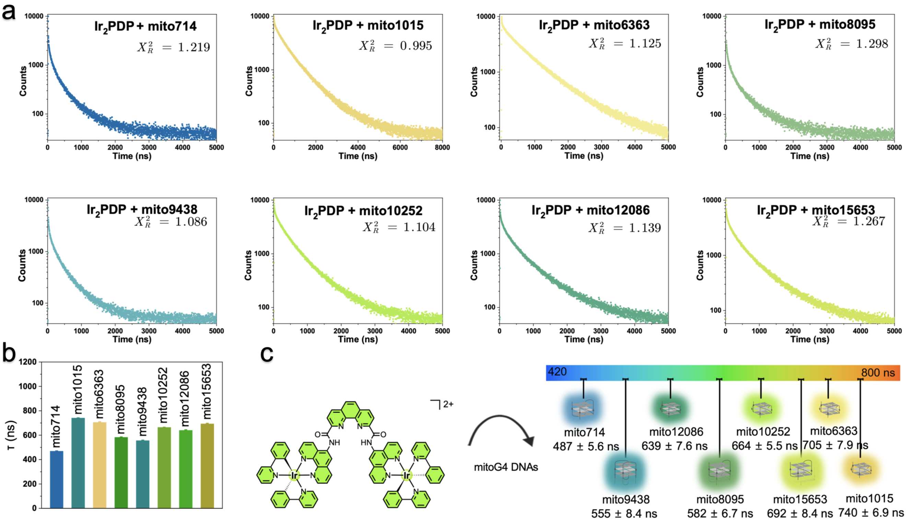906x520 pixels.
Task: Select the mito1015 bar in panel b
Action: point(78,463)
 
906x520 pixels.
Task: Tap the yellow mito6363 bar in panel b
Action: point(100,465)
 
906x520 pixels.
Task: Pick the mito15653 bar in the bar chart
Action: point(207,466)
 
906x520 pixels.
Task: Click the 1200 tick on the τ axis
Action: point(28,362)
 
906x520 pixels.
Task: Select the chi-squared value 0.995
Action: point(416,46)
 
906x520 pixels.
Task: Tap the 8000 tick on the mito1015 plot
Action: point(442,147)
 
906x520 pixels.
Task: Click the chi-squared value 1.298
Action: point(872,44)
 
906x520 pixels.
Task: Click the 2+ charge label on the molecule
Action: point(448,404)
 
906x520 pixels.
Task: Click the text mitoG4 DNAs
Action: point(506,467)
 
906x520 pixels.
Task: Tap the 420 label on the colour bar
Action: point(557,372)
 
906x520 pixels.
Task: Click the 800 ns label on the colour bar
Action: point(878,373)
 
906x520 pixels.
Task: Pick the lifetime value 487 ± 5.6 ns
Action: point(585,446)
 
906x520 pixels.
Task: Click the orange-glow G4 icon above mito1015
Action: point(861,469)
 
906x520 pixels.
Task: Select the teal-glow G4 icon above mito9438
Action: point(625,472)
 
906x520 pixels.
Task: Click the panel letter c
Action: point(267,354)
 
